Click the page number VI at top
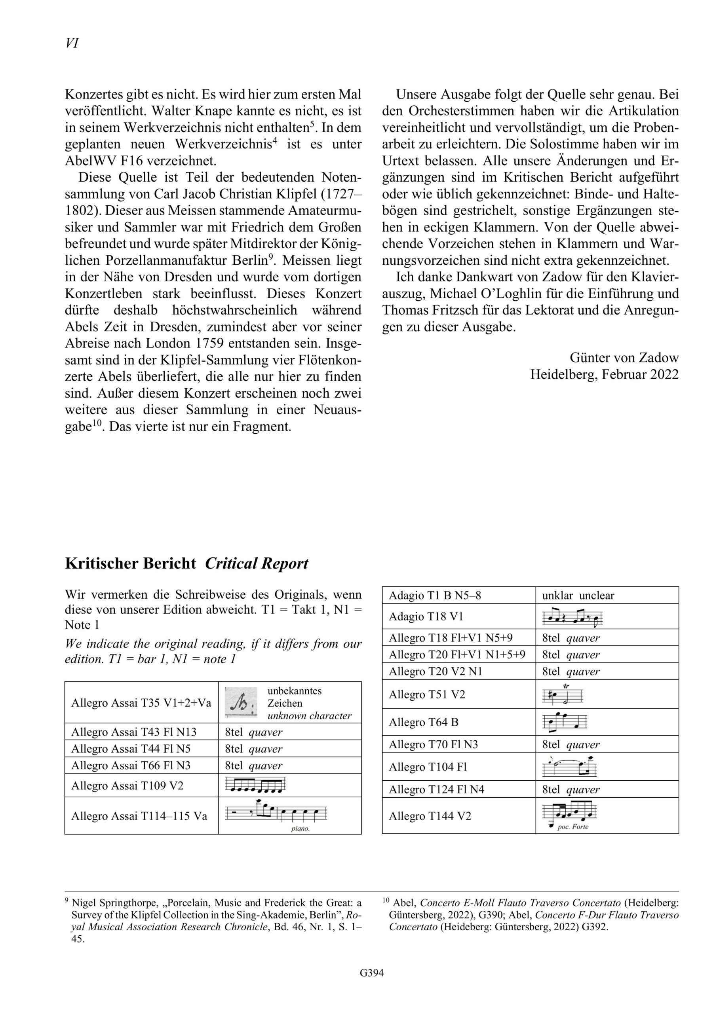pos(72,43)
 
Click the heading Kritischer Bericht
pos(130,564)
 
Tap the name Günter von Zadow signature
pos(624,357)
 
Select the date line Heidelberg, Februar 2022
pos(605,374)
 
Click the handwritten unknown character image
pos(241,702)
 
